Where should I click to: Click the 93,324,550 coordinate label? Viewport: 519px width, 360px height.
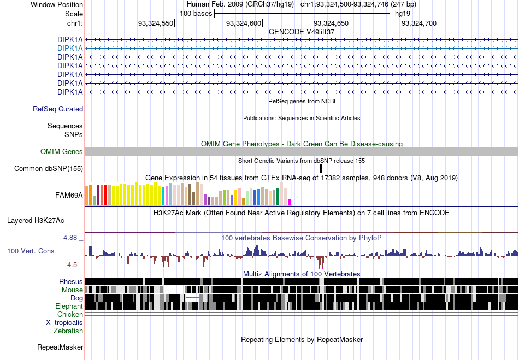pos(156,23)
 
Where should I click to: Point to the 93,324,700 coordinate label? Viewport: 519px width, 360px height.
pos(418,23)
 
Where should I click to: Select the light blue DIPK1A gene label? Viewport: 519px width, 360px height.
pos(70,48)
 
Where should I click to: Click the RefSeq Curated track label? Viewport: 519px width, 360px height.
pos(58,109)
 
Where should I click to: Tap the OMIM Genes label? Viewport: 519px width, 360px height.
pos(62,151)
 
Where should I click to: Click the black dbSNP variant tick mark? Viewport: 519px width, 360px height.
pos(321,168)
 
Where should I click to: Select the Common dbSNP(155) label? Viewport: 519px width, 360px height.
pos(49,168)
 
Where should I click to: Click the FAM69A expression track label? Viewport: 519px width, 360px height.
pos(69,195)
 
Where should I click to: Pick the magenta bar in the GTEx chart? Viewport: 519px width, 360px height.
pos(289,202)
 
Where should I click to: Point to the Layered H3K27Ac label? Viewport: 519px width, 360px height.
pos(36,220)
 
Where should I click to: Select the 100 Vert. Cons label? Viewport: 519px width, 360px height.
pos(31,251)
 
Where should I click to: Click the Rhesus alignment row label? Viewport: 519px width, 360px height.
pos(71,281)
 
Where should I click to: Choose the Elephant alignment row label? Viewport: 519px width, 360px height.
pos(69,306)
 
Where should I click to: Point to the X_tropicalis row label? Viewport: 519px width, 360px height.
pos(64,322)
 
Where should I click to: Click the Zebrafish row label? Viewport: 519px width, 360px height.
pos(68,331)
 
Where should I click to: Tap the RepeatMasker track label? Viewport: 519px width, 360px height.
pos(60,347)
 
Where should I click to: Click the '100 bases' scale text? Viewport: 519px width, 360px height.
pos(196,14)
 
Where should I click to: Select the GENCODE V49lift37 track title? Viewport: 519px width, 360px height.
pos(302,32)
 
